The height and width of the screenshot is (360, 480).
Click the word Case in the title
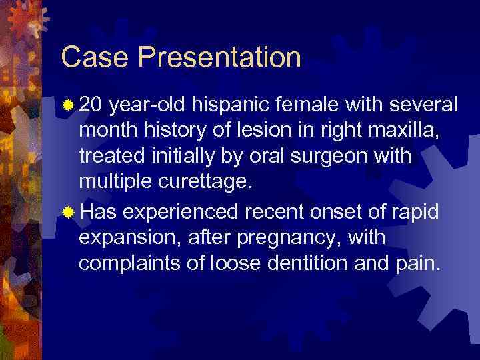pos(89,57)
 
